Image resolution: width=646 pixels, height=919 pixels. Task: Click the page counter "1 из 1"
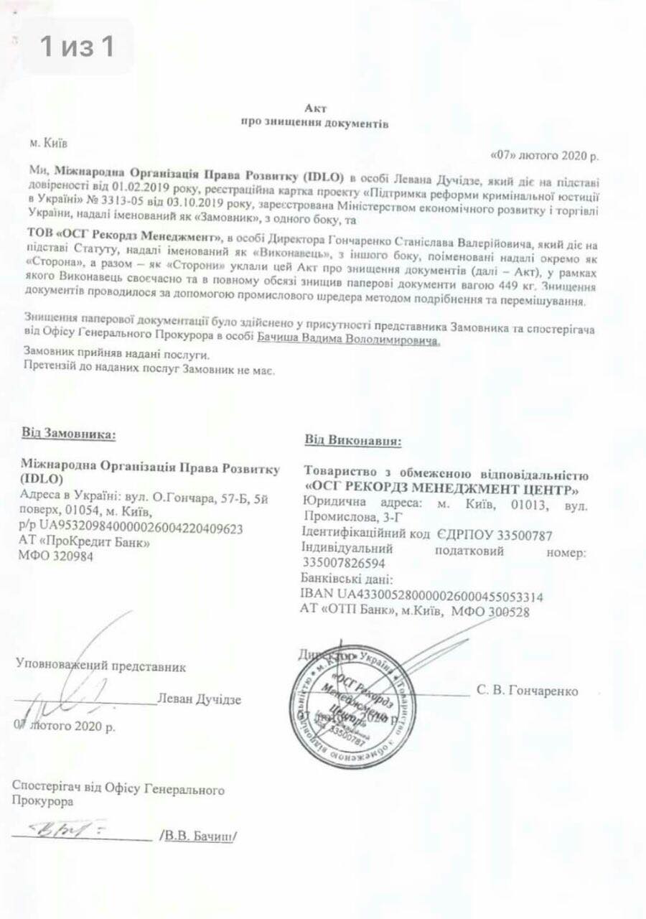[77, 47]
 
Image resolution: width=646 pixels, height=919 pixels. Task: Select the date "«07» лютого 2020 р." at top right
[543, 154]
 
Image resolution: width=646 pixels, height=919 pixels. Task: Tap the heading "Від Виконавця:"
[352, 440]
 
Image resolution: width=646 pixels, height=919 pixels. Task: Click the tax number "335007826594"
[344, 564]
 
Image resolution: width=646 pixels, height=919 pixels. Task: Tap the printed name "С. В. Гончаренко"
[527, 691]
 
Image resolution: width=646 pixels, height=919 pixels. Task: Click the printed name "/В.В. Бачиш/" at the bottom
[197, 836]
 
